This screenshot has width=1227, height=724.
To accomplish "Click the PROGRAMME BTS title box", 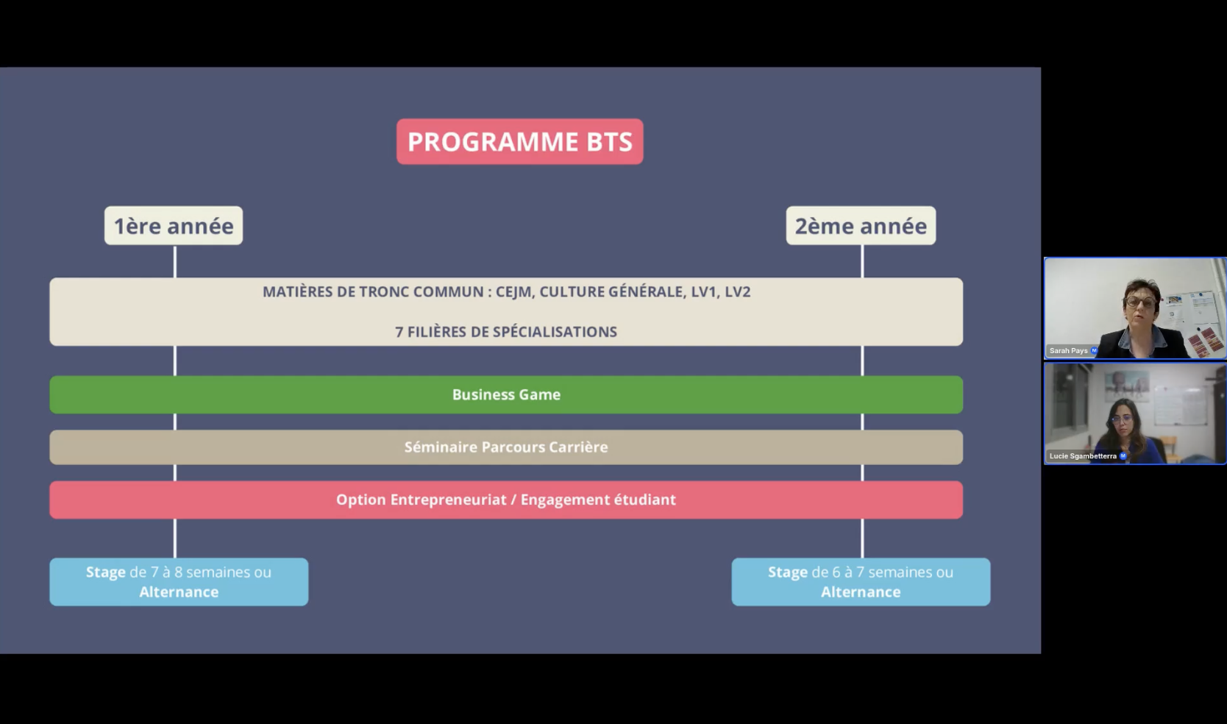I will [x=519, y=141].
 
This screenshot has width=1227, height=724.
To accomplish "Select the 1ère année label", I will [x=174, y=226].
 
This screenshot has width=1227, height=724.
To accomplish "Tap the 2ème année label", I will [x=861, y=226].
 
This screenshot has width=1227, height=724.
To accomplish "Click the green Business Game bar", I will [x=506, y=394].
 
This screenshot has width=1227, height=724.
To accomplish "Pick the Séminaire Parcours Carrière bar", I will [x=506, y=447].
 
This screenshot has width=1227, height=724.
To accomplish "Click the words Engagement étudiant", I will [x=598, y=500].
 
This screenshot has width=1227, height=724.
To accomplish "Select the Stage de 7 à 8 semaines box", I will [x=179, y=581].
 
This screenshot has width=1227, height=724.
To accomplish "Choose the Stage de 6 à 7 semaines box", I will [x=861, y=581].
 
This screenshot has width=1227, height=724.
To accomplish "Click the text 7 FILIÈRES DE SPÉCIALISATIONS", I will [x=506, y=332].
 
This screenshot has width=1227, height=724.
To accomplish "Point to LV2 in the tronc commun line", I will [x=737, y=292].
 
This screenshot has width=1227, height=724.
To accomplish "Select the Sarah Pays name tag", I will [x=1069, y=351].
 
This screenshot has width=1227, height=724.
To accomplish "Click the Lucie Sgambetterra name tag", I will [x=1083, y=456].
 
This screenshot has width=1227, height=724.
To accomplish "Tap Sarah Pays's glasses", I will [x=1139, y=302].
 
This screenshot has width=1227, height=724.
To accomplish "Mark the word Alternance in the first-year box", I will [x=179, y=592].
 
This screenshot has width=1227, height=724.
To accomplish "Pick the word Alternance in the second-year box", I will [x=861, y=592].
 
